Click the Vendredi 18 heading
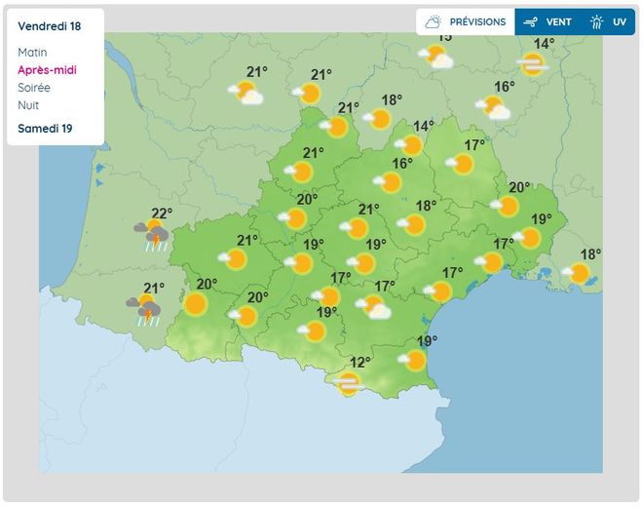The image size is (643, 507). coord(50,26)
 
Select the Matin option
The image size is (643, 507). coord(32,53)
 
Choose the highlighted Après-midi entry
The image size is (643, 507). coord(47,70)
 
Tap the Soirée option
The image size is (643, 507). coord(34,88)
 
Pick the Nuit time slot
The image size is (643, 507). coord(28,105)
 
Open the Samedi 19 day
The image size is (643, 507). coord(45,128)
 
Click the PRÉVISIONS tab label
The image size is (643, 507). coord(477,21)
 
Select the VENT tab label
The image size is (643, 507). coord(558,21)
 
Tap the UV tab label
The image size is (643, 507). coord(620,21)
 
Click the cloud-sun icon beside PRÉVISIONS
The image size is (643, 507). coord(435,21)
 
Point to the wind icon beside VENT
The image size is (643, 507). coord(530,21)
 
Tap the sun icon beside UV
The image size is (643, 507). coord(596,21)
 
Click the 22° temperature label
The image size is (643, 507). coord(162,214)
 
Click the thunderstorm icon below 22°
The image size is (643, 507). coord(152,235)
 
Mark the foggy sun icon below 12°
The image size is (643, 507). coord(349,383)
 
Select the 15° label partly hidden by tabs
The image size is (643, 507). coord(444,38)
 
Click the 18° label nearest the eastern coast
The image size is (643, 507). coord(590,254)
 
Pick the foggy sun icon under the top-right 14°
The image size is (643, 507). coord(532,64)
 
